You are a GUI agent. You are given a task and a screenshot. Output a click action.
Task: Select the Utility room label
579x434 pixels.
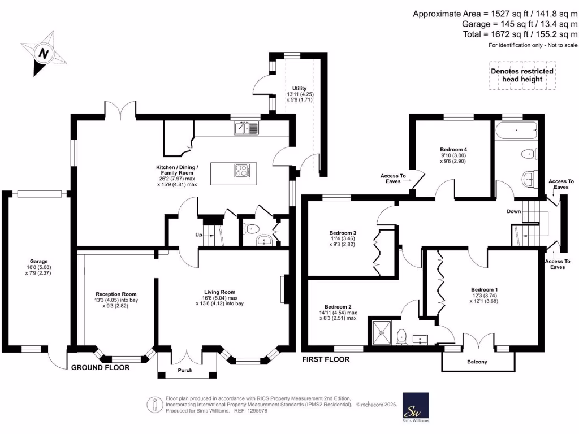coord(299,89)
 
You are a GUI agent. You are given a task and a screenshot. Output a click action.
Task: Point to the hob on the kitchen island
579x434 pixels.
coord(242,170)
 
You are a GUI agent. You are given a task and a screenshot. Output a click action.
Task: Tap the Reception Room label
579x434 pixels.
coord(116,294)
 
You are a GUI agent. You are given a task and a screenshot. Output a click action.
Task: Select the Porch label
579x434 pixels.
coord(185,371)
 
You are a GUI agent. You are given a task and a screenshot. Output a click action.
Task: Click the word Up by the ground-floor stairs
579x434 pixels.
coord(200,235)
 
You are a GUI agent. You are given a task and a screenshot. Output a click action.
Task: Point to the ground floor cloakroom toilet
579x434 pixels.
coord(252,229)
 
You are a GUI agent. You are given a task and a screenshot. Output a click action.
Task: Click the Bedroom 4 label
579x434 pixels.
coord(453,149)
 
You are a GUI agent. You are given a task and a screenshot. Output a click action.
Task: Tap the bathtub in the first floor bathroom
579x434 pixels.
coord(516,133)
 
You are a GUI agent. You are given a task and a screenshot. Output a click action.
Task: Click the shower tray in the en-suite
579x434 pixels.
coord(379,332)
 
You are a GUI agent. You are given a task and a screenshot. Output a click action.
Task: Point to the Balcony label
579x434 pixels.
coord(477,362)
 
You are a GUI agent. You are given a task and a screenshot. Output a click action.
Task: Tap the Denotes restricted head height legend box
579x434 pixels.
coord(522,75)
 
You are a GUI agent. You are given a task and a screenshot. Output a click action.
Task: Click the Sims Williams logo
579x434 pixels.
coord(415,407)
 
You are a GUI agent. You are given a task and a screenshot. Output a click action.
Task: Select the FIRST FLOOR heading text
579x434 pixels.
coord(325,359)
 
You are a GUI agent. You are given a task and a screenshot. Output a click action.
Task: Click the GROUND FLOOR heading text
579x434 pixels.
coord(100,367)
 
